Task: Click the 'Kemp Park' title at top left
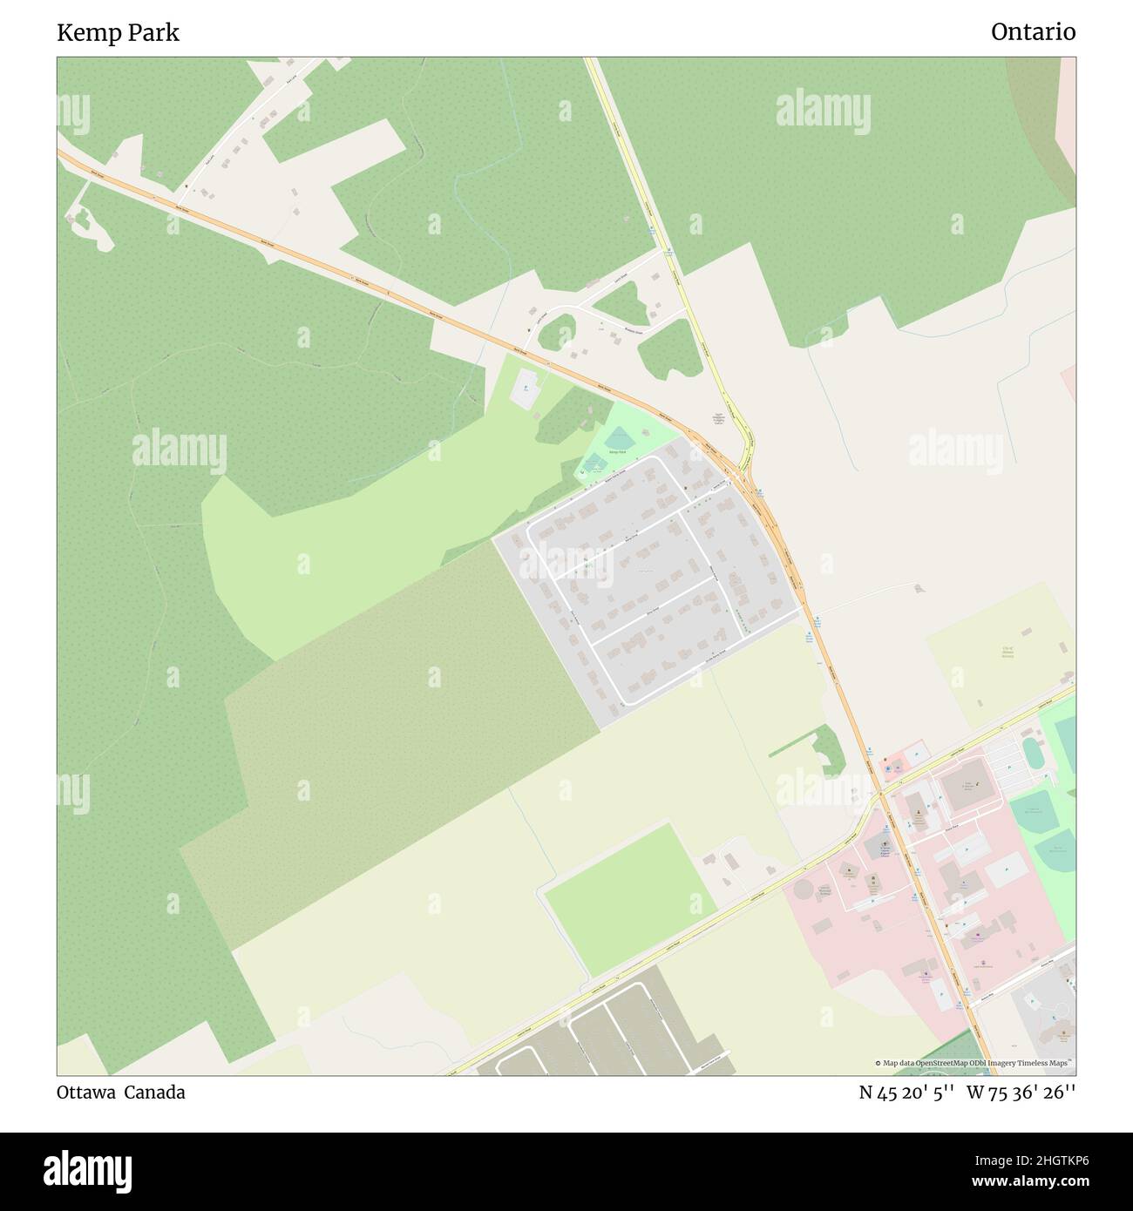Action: click(x=119, y=33)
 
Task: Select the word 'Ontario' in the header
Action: click(x=1033, y=32)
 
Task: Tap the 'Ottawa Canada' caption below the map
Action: click(x=121, y=1093)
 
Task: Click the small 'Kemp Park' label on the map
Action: click(x=618, y=453)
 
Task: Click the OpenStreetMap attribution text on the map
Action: click(x=974, y=1063)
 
